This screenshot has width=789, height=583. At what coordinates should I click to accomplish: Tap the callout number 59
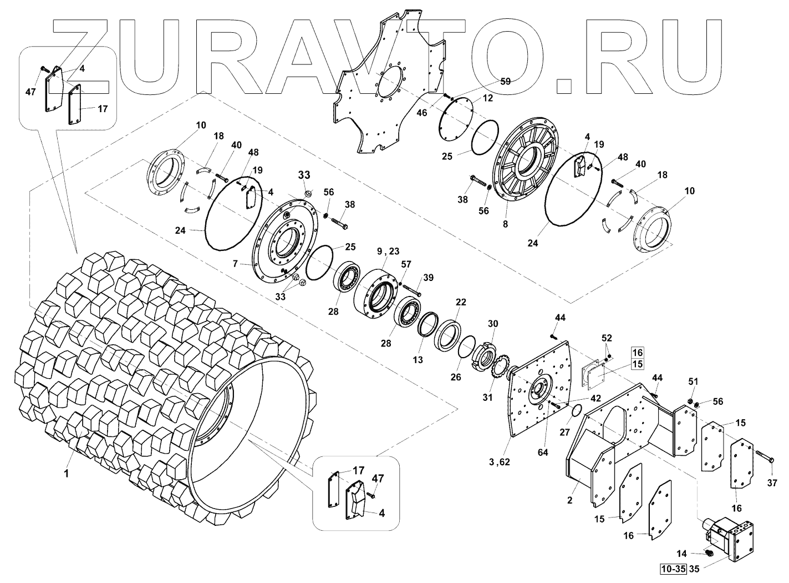tap(505, 81)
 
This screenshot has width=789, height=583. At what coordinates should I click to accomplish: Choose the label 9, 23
tap(388, 252)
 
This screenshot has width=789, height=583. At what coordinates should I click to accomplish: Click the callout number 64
tap(543, 453)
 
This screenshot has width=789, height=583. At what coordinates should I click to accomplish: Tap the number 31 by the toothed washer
tap(487, 397)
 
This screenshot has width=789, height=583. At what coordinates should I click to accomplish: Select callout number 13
tap(418, 360)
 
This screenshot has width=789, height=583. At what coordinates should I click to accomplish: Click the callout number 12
tap(487, 98)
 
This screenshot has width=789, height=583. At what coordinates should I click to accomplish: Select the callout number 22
tap(461, 302)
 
